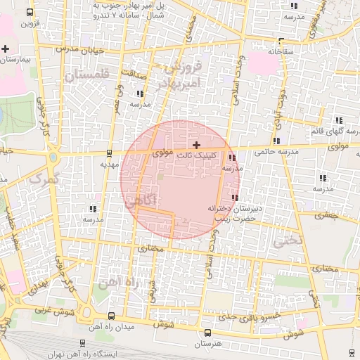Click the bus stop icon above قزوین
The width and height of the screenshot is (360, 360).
(29, 13)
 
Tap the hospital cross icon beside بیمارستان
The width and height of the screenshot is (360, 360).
(6, 49)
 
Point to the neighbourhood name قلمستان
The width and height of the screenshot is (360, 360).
(86, 72)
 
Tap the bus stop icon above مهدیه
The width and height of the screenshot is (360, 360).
(108, 153)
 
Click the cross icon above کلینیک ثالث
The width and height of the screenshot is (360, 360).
(196, 144)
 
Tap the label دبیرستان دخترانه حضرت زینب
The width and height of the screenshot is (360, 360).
(234, 214)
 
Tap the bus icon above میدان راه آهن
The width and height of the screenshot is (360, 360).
(112, 316)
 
